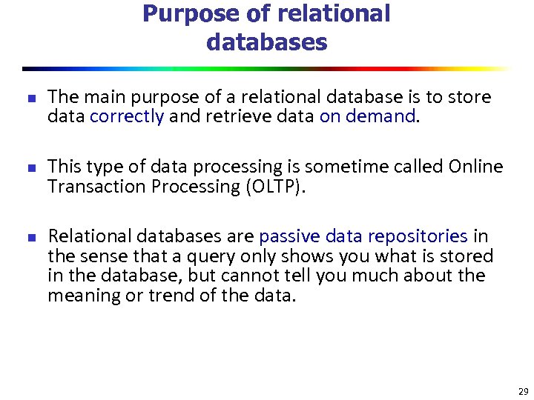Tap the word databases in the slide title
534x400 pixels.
(x=266, y=42)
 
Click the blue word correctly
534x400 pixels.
(x=127, y=116)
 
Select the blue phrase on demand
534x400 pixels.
(x=366, y=116)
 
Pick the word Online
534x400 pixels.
(x=475, y=167)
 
